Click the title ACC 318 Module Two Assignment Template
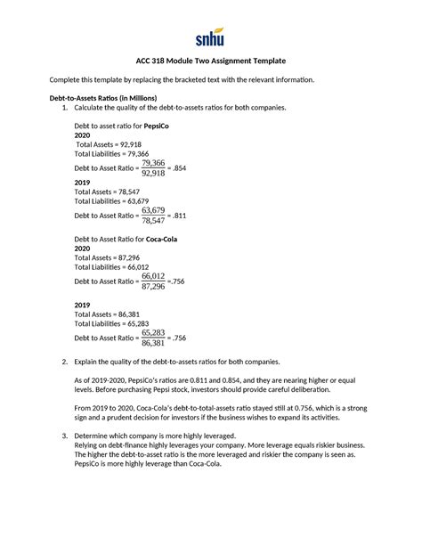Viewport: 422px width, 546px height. click(x=211, y=60)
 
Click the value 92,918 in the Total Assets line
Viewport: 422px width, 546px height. click(x=126, y=143)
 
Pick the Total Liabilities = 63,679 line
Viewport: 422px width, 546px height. click(x=111, y=200)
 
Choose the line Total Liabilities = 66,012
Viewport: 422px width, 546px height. click(x=111, y=266)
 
